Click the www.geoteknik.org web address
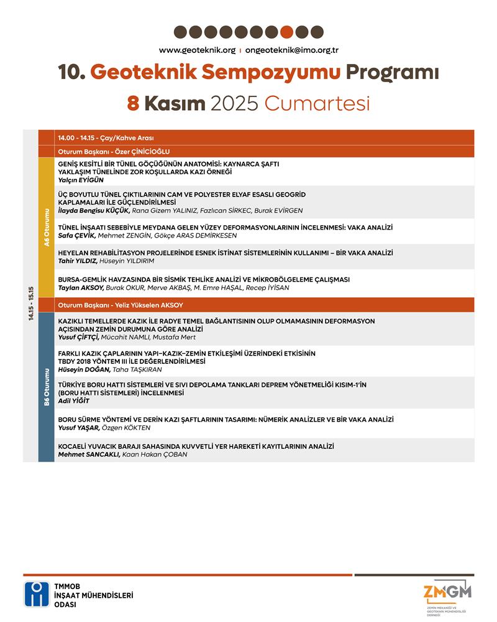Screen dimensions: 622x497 [197, 50]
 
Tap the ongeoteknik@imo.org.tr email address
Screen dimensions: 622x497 [291, 50]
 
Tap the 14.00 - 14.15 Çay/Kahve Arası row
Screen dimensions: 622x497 [106, 137]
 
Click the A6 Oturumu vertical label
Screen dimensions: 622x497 [46, 228]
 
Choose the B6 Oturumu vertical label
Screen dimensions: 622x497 [46, 387]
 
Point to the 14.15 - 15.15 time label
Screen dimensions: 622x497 [30, 304]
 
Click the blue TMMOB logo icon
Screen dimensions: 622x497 [37, 595]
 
